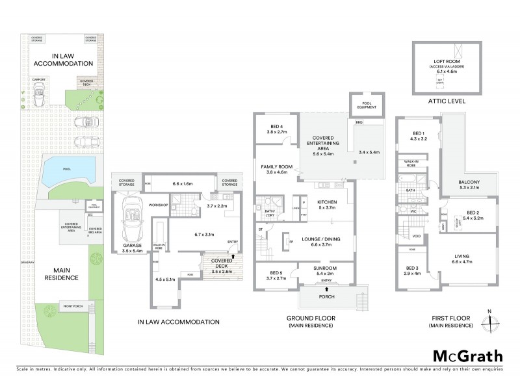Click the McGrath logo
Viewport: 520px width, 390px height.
coord(467,356)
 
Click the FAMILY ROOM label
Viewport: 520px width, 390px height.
coord(276,167)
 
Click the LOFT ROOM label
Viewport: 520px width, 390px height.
coord(448,62)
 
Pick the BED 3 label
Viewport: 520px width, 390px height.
coord(413,268)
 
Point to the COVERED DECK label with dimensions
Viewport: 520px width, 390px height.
coord(218,265)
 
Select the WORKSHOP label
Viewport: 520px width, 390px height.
coord(159,205)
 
